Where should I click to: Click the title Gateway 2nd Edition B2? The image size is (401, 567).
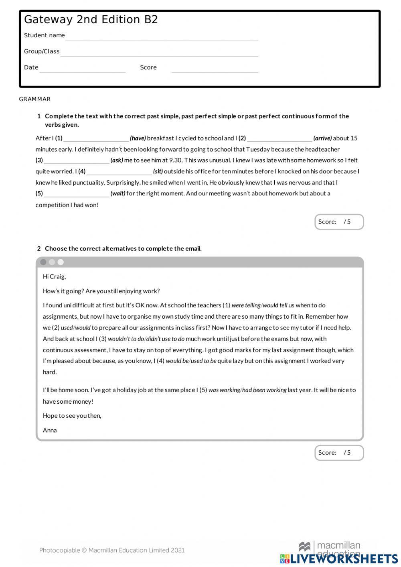pyautogui.click(x=91, y=20)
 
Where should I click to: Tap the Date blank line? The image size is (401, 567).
pyautogui.click(x=83, y=69)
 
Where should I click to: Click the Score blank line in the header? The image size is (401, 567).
pyautogui.click(x=215, y=69)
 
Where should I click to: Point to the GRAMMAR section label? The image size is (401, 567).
pyautogui.click(x=35, y=99)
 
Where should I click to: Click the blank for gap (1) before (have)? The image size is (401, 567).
pyautogui.click(x=96, y=138)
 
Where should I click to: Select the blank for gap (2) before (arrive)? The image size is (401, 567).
pyautogui.click(x=279, y=138)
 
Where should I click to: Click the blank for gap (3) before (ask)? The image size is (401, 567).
pyautogui.click(x=77, y=161)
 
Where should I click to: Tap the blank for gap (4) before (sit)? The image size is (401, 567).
pyautogui.click(x=119, y=172)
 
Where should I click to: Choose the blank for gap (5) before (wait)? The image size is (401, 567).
pyautogui.click(x=77, y=194)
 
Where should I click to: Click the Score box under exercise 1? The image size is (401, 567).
pyautogui.click(x=339, y=222)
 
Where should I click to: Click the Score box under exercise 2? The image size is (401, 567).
pyautogui.click(x=339, y=453)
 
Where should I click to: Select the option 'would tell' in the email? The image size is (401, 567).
pyautogui.click(x=275, y=305)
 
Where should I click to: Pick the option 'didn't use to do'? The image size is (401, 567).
pyautogui.click(x=165, y=339)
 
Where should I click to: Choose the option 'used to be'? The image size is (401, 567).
pyautogui.click(x=203, y=361)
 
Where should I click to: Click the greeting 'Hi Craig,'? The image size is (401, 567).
pyautogui.click(x=55, y=277)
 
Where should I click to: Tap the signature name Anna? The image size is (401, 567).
pyautogui.click(x=50, y=430)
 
